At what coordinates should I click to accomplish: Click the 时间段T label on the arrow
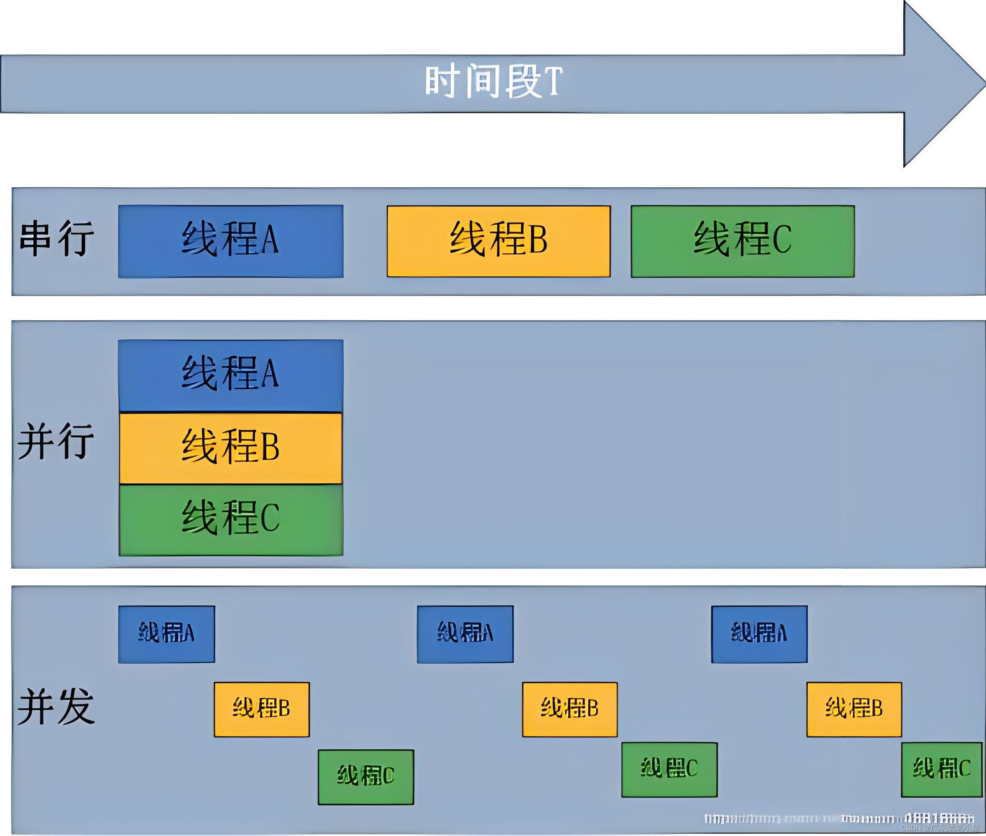(493, 82)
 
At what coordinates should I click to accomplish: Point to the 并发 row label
(56, 706)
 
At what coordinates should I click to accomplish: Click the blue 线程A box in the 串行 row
(230, 241)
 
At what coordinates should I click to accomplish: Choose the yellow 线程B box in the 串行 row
(498, 241)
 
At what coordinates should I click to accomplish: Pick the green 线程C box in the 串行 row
(742, 241)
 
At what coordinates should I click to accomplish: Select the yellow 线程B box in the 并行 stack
(230, 448)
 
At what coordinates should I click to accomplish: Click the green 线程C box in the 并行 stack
(230, 519)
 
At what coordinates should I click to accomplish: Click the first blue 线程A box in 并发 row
(166, 634)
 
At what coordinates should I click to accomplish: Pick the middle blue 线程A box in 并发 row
(465, 634)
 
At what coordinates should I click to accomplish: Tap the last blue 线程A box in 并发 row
(759, 634)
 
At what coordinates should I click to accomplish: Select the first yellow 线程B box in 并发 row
(261, 709)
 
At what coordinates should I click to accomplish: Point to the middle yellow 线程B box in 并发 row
(569, 709)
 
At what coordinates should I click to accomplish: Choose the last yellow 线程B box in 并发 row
(854, 709)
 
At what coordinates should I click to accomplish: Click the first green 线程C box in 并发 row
(366, 776)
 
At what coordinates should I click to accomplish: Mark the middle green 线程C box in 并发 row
(669, 769)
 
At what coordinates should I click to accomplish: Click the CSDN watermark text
(939, 828)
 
